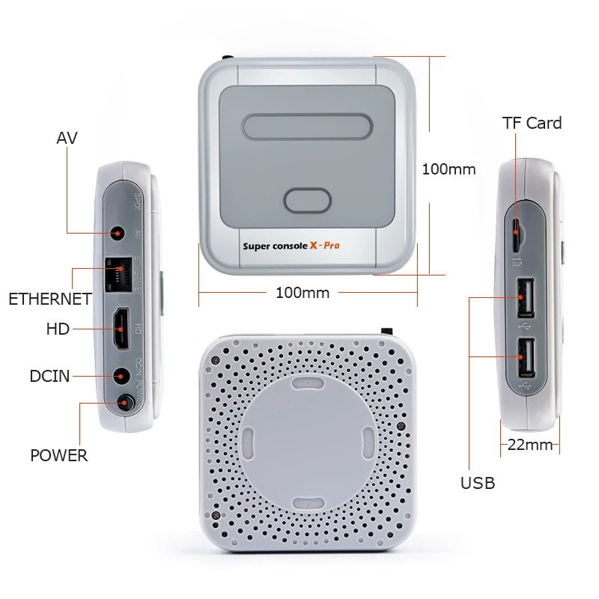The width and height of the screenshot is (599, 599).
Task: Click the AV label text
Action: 67,139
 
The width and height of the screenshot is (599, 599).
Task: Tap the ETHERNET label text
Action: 50,299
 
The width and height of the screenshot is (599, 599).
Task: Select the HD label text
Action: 58,329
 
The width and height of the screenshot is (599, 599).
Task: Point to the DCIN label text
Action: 50,377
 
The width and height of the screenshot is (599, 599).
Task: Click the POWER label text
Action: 58,455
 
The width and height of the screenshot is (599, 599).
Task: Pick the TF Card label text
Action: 532,124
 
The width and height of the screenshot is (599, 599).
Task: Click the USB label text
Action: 478,484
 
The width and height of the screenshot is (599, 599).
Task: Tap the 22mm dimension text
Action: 530,445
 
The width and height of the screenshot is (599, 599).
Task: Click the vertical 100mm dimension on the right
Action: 449,169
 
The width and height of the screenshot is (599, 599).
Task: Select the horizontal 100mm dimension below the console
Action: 302,293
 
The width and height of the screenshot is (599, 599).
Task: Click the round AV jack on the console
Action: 117,233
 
